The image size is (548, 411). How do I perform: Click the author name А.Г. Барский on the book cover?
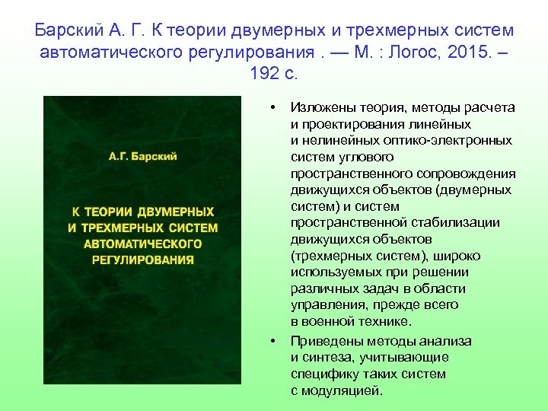142,157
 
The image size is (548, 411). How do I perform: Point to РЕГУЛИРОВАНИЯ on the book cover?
142,260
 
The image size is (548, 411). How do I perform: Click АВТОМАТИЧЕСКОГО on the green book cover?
142,244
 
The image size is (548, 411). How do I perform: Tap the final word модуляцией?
342,390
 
